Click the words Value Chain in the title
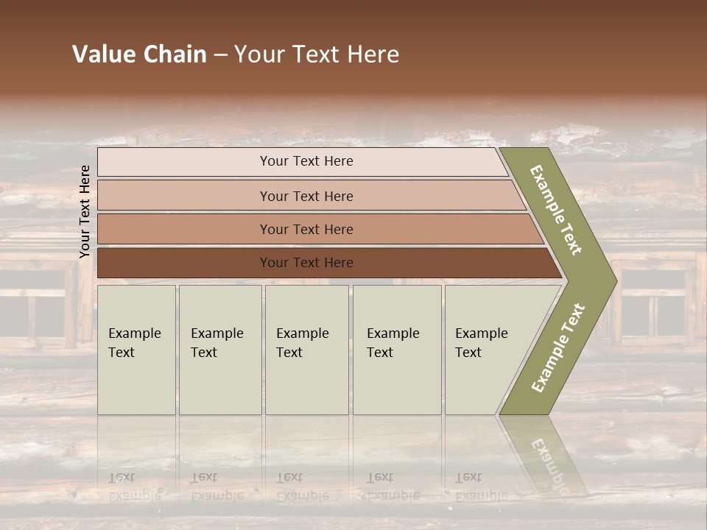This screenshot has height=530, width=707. [x=139, y=54]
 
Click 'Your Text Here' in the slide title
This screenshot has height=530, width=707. [x=317, y=54]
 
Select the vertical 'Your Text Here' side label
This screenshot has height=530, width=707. [x=85, y=212]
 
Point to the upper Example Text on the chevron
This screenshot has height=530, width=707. [x=556, y=210]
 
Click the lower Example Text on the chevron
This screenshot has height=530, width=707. [x=557, y=348]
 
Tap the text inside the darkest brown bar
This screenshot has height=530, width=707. [x=306, y=263]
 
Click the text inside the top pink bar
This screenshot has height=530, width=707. [x=306, y=161]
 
